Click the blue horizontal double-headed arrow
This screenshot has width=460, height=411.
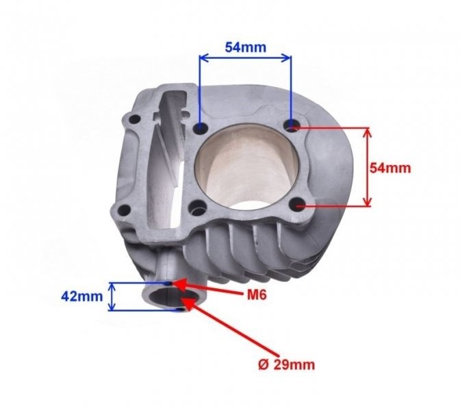pyautogui.click(x=245, y=60)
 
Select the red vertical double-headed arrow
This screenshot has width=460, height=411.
pyautogui.click(x=368, y=166)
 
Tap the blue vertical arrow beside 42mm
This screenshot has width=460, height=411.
pyautogui.click(x=115, y=296)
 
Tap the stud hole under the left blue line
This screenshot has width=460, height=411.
pyautogui.click(x=200, y=128)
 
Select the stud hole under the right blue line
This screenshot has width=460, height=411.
pyautogui.click(x=292, y=125)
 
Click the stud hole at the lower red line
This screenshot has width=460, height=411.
pyautogui.click(x=298, y=204)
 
